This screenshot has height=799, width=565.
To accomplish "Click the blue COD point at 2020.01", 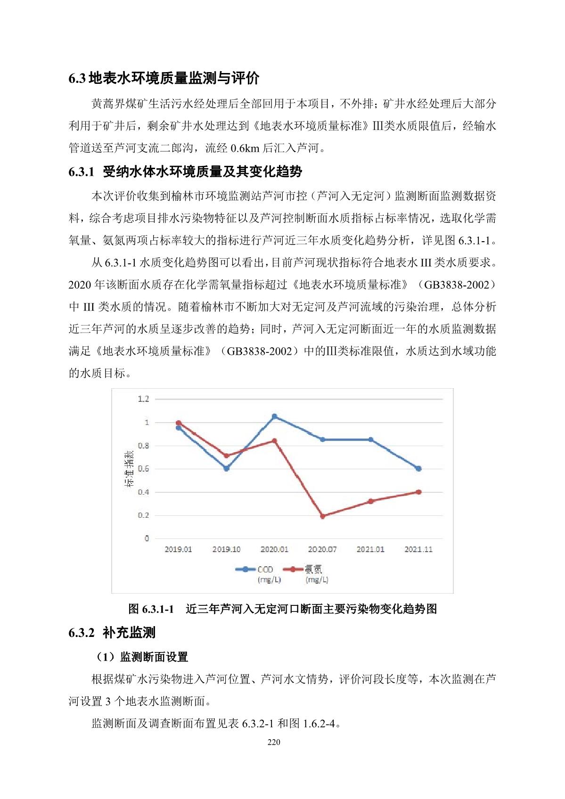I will click(274, 416).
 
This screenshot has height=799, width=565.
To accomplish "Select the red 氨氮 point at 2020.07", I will click(322, 516).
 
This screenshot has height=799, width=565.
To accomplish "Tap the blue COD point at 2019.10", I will click(226, 468).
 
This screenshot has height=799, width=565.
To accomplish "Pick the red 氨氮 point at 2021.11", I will click(418, 492).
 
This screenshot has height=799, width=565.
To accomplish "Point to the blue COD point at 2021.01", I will click(370, 440).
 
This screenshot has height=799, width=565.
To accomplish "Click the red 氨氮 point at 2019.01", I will click(178, 423).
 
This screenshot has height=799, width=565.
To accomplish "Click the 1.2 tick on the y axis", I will click(143, 399).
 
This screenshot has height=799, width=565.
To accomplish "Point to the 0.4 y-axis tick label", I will click(143, 492).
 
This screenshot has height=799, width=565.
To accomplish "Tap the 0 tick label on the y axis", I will click(147, 538).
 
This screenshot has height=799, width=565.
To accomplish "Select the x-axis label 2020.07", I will click(322, 549).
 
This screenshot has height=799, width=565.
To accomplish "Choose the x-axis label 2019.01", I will click(178, 549).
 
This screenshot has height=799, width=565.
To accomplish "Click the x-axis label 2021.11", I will click(418, 549).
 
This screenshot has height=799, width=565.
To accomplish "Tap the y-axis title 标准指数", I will click(129, 469).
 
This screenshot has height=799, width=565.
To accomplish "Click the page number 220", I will click(273, 742).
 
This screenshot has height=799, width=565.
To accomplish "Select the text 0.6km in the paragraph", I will click(245, 148).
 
